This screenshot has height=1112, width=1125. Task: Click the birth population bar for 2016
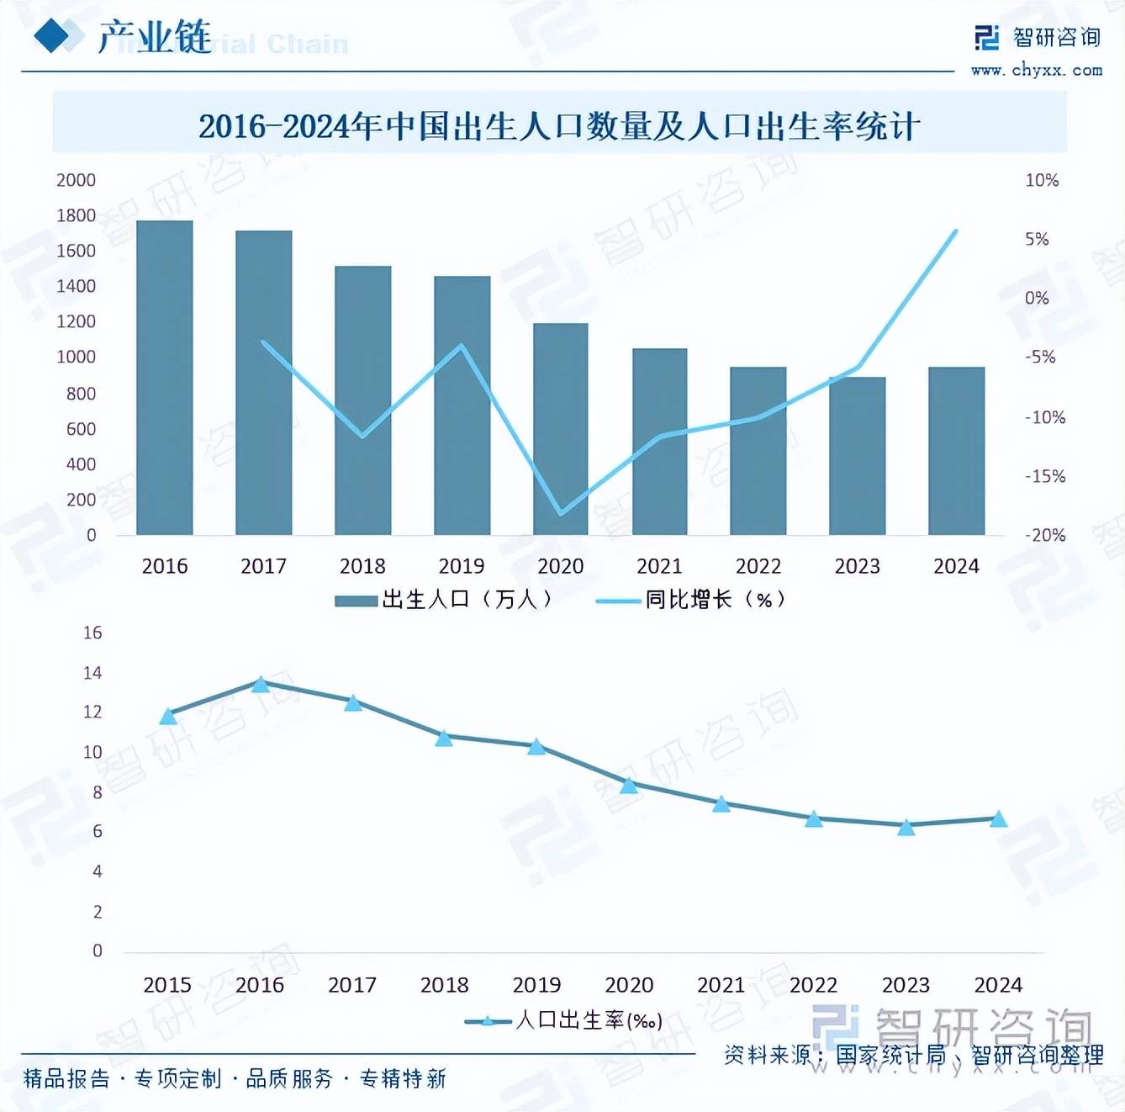[x=165, y=378]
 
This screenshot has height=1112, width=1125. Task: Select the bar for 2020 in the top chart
[x=561, y=429]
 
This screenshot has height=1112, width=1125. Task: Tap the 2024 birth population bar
[x=956, y=451]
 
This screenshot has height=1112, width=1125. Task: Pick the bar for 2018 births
[x=362, y=400]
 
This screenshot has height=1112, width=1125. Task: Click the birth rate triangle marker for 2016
[x=261, y=685]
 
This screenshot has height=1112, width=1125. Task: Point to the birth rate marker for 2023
[x=906, y=828]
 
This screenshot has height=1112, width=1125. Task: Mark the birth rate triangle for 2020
[x=629, y=786]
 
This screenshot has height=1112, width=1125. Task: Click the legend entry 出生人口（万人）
[x=444, y=600]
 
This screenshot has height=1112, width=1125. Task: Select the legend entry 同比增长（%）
[x=691, y=600]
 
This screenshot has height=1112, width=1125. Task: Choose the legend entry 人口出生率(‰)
[x=565, y=1021]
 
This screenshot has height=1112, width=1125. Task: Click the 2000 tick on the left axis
[x=76, y=180]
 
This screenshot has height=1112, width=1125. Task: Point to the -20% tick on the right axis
[x=1044, y=536]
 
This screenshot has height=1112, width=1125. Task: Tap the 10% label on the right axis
[x=1042, y=180]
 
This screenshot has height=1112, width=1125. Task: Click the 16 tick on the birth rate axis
[x=92, y=633]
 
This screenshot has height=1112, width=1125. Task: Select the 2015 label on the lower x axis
[x=167, y=985]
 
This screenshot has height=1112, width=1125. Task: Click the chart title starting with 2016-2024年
[x=559, y=126]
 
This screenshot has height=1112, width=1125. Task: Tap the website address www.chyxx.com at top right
[x=1036, y=70]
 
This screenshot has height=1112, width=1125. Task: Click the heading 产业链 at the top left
[x=155, y=37]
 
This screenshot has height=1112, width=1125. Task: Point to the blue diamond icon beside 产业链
[x=52, y=36]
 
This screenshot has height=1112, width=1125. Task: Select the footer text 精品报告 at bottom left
[x=66, y=1078]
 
